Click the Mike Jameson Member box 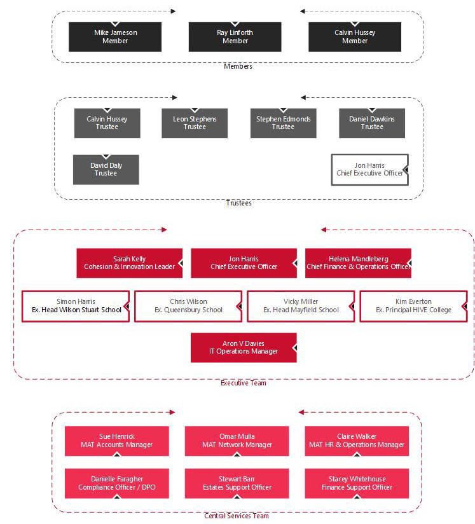click(x=115, y=37)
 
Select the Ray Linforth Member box click(x=235, y=37)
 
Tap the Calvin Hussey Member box click(x=355, y=37)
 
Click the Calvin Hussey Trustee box click(x=107, y=123)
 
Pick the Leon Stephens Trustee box click(x=195, y=123)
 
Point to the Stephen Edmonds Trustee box click(x=283, y=123)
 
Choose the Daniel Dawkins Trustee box click(x=372, y=123)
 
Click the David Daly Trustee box click(x=106, y=170)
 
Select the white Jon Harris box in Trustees click(x=369, y=170)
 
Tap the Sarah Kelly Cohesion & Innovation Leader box click(x=130, y=263)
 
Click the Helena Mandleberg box click(x=358, y=263)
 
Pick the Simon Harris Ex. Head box click(x=76, y=306)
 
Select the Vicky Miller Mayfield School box click(x=301, y=306)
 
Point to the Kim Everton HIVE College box click(x=413, y=306)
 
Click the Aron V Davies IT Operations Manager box click(x=244, y=348)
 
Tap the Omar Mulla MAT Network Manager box click(x=237, y=441)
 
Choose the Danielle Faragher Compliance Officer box click(x=117, y=483)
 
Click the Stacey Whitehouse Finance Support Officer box click(x=357, y=483)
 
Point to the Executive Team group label click(x=244, y=383)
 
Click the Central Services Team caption click(x=237, y=516)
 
